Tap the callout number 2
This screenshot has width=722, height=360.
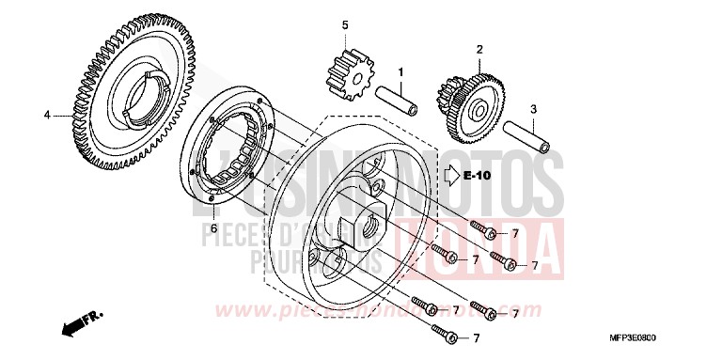(479, 49)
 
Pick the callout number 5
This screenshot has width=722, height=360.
(345, 24)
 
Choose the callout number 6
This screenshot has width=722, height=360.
(213, 228)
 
